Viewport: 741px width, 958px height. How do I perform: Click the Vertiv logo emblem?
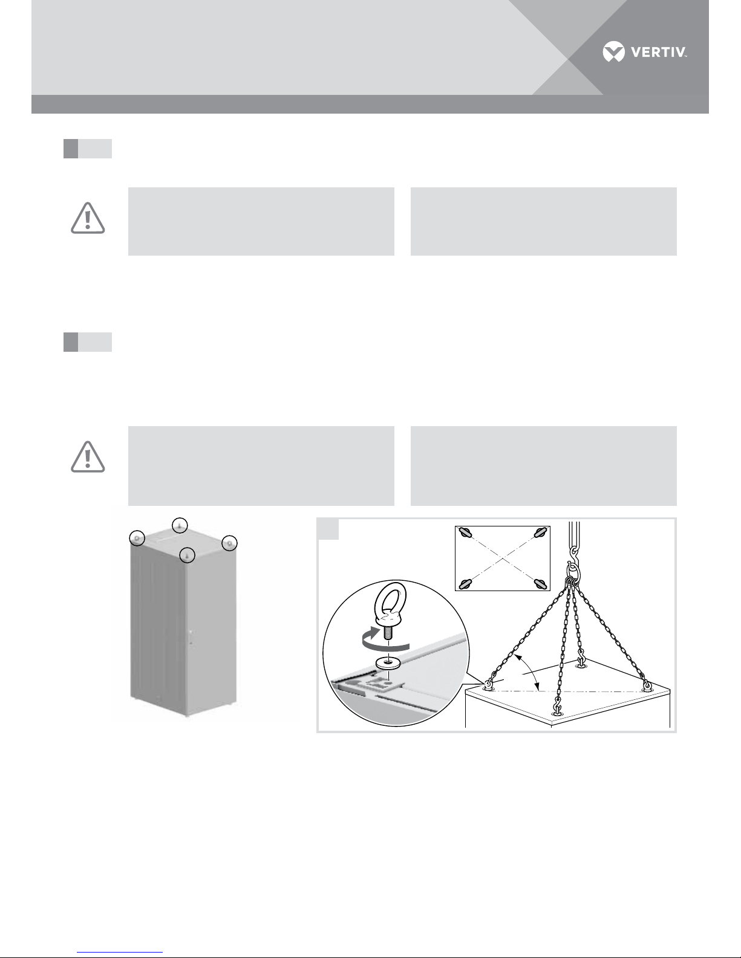tap(613, 51)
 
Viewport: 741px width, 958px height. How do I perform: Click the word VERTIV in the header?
tap(659, 53)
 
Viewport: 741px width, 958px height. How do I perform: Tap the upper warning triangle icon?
tap(88, 218)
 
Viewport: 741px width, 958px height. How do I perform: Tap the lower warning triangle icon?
tap(88, 457)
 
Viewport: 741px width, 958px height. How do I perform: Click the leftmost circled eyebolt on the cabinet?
tap(137, 538)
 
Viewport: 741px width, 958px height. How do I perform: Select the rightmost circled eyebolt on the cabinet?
tap(229, 543)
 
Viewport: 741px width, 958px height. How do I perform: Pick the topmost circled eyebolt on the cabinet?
tap(180, 525)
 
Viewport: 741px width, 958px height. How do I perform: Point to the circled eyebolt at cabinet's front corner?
tap(188, 555)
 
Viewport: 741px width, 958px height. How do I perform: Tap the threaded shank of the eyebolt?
tap(388, 633)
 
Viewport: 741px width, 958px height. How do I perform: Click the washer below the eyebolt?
tap(388, 662)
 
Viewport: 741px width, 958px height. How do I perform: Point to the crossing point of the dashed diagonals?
tap(503, 558)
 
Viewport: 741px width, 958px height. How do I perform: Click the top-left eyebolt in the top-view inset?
tap(465, 532)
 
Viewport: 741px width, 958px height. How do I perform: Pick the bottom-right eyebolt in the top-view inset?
tap(541, 584)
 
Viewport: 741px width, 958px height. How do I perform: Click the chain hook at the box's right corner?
tap(647, 685)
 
